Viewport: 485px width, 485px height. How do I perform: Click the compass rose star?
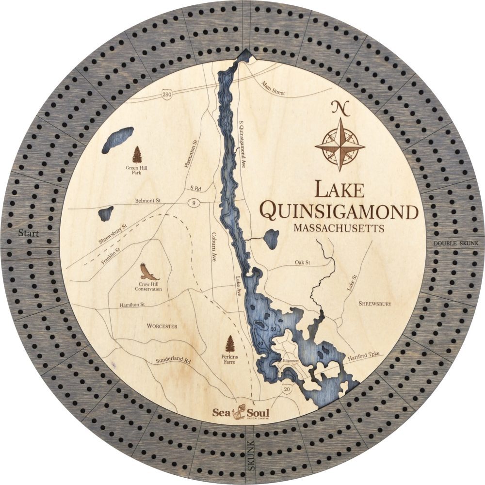click(x=340, y=145)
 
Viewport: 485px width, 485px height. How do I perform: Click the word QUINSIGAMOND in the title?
click(x=339, y=211)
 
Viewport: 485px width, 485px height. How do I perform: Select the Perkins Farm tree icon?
click(x=230, y=344)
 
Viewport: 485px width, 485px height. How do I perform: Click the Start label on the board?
click(x=28, y=233)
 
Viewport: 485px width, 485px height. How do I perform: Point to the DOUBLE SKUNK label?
click(x=456, y=243)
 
